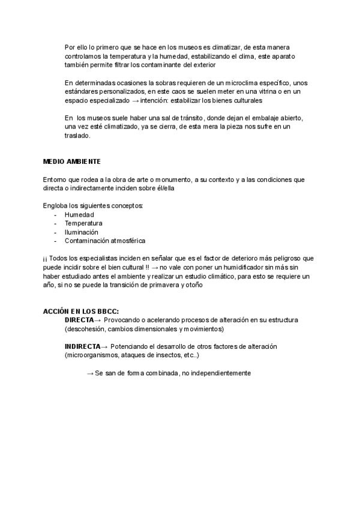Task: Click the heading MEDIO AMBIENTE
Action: pos(72,162)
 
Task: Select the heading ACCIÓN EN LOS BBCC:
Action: pos(81,312)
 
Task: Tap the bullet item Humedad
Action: pos(79,214)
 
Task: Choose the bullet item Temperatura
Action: pos(83,223)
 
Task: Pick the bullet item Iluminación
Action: pos(82,232)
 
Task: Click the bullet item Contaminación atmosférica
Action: pos(105,241)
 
